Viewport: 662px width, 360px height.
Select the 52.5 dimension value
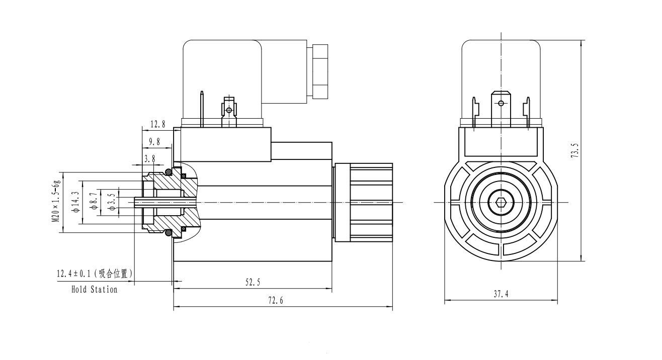(253, 283)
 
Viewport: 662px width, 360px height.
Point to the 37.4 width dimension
(500, 295)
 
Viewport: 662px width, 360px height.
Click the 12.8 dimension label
(158, 124)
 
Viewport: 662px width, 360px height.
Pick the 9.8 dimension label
(154, 142)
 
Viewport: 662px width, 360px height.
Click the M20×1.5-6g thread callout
(57, 201)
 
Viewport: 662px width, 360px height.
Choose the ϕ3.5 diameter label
(111, 202)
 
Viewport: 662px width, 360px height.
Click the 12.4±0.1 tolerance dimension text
(94, 274)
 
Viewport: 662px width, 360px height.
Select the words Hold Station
(94, 290)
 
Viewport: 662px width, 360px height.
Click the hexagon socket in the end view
(500, 203)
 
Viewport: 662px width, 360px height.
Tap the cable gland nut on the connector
(320, 71)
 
